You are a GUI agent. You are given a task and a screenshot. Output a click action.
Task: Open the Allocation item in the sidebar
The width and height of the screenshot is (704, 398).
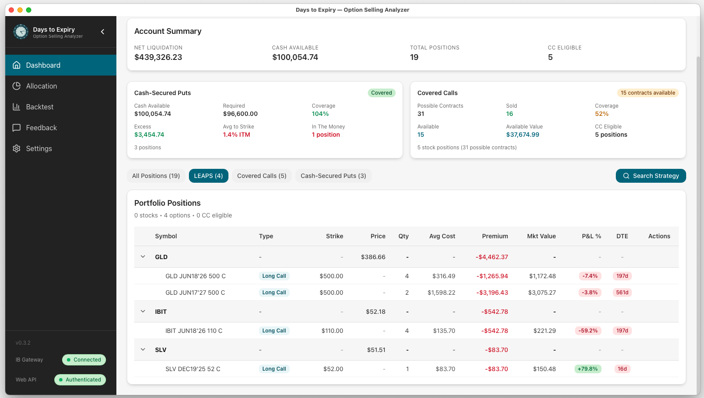point(41,86)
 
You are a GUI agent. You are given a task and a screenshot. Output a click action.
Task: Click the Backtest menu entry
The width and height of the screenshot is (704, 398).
point(40,107)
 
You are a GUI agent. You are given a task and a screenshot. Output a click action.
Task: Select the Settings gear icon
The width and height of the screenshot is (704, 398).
point(17,148)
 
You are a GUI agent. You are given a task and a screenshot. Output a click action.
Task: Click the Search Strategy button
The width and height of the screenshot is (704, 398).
point(651,176)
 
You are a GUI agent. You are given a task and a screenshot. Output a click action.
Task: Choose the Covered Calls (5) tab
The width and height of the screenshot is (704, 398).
point(261,176)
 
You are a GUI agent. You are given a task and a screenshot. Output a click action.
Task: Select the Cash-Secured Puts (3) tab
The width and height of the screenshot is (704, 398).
point(333,176)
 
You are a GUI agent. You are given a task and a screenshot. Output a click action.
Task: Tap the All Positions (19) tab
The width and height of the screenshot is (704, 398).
point(156,176)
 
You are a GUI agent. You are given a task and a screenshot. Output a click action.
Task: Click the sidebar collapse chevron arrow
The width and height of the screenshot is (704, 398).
point(102,32)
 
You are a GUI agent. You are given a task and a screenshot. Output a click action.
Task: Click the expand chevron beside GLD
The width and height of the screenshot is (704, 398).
point(143,257)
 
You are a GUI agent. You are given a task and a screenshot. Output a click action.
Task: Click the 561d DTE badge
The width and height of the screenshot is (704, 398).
point(622,293)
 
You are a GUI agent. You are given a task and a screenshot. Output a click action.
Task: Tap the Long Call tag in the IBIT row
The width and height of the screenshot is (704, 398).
point(274,331)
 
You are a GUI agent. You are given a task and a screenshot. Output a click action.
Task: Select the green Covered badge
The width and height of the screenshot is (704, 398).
point(381,93)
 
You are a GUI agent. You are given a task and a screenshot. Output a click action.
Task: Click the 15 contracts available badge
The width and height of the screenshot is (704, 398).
point(648,93)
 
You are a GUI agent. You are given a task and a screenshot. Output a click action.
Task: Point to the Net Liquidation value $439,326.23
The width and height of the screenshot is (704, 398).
point(158,57)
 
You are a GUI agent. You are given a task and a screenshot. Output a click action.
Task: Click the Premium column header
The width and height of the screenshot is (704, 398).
point(495,236)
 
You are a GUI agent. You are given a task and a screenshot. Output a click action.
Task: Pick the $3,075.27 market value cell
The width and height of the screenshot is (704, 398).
point(542,293)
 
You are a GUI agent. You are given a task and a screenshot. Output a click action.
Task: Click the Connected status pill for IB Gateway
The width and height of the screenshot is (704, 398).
point(84,360)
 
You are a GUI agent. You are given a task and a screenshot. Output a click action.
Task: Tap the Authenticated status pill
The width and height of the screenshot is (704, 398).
point(80,380)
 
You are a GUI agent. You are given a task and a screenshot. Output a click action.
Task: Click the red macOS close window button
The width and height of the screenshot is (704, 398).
point(11,10)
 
